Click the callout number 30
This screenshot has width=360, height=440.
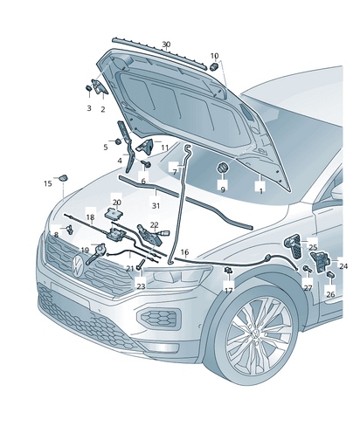[166, 45]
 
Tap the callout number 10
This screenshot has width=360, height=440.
[214, 56]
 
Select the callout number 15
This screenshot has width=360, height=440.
[47, 183]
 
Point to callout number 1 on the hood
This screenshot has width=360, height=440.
[259, 189]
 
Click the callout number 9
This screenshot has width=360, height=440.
[222, 189]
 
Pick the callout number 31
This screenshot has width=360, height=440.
[156, 205]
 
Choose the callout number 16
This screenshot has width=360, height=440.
[184, 251]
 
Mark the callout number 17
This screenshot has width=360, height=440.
[228, 290]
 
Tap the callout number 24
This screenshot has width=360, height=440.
[343, 265]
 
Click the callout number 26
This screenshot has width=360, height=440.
[330, 294]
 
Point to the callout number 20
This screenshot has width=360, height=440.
[117, 202]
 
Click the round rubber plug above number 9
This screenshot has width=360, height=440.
[222, 167]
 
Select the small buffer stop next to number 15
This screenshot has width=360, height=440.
[64, 178]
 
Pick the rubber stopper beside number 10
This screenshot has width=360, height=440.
[213, 66]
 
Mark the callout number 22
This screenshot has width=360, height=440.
[154, 225]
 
